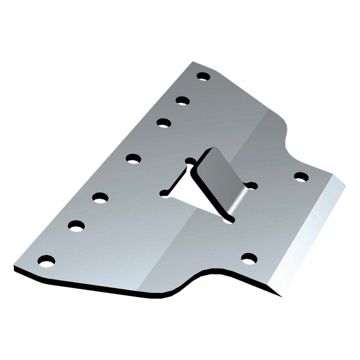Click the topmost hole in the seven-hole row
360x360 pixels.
(x=203, y=76)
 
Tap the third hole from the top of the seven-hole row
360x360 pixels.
(x=163, y=123)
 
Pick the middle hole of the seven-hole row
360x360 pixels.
(x=133, y=158)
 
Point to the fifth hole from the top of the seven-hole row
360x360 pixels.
(x=100, y=198)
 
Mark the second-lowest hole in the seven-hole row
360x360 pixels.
(x=76, y=226)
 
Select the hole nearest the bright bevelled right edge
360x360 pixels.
(x=301, y=177)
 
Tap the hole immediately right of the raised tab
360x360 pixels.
(x=251, y=186)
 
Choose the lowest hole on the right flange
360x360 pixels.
(x=249, y=258)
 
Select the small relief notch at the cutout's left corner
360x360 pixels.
(x=164, y=193)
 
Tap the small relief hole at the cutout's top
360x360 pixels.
(x=190, y=161)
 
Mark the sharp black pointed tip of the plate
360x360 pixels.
(x=280, y=296)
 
